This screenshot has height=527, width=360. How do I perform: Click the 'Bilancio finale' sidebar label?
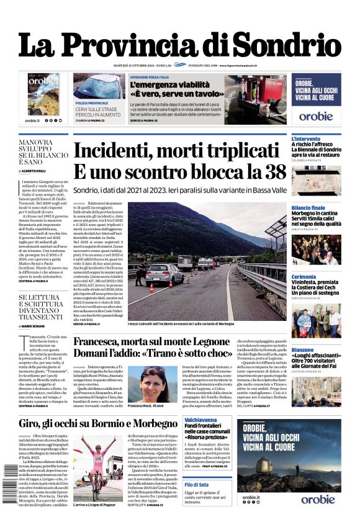pyautogui.click(x=308, y=207)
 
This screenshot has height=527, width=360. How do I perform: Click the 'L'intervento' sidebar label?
pyautogui.click(x=306, y=139)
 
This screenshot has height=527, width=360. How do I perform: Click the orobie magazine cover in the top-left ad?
pyautogui.click(x=43, y=94)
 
